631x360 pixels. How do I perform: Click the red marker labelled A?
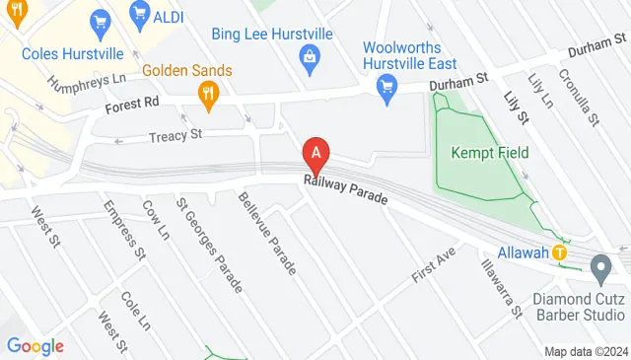tap(315, 154)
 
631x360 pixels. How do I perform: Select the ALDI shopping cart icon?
tap(139, 15)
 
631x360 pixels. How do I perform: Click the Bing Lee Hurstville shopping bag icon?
tap(310, 56)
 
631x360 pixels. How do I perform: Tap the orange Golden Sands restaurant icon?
tap(207, 94)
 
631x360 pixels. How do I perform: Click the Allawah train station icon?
tap(559, 253)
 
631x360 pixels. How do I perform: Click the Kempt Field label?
tap(490, 152)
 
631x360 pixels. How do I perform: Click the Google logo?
tap(35, 346)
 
